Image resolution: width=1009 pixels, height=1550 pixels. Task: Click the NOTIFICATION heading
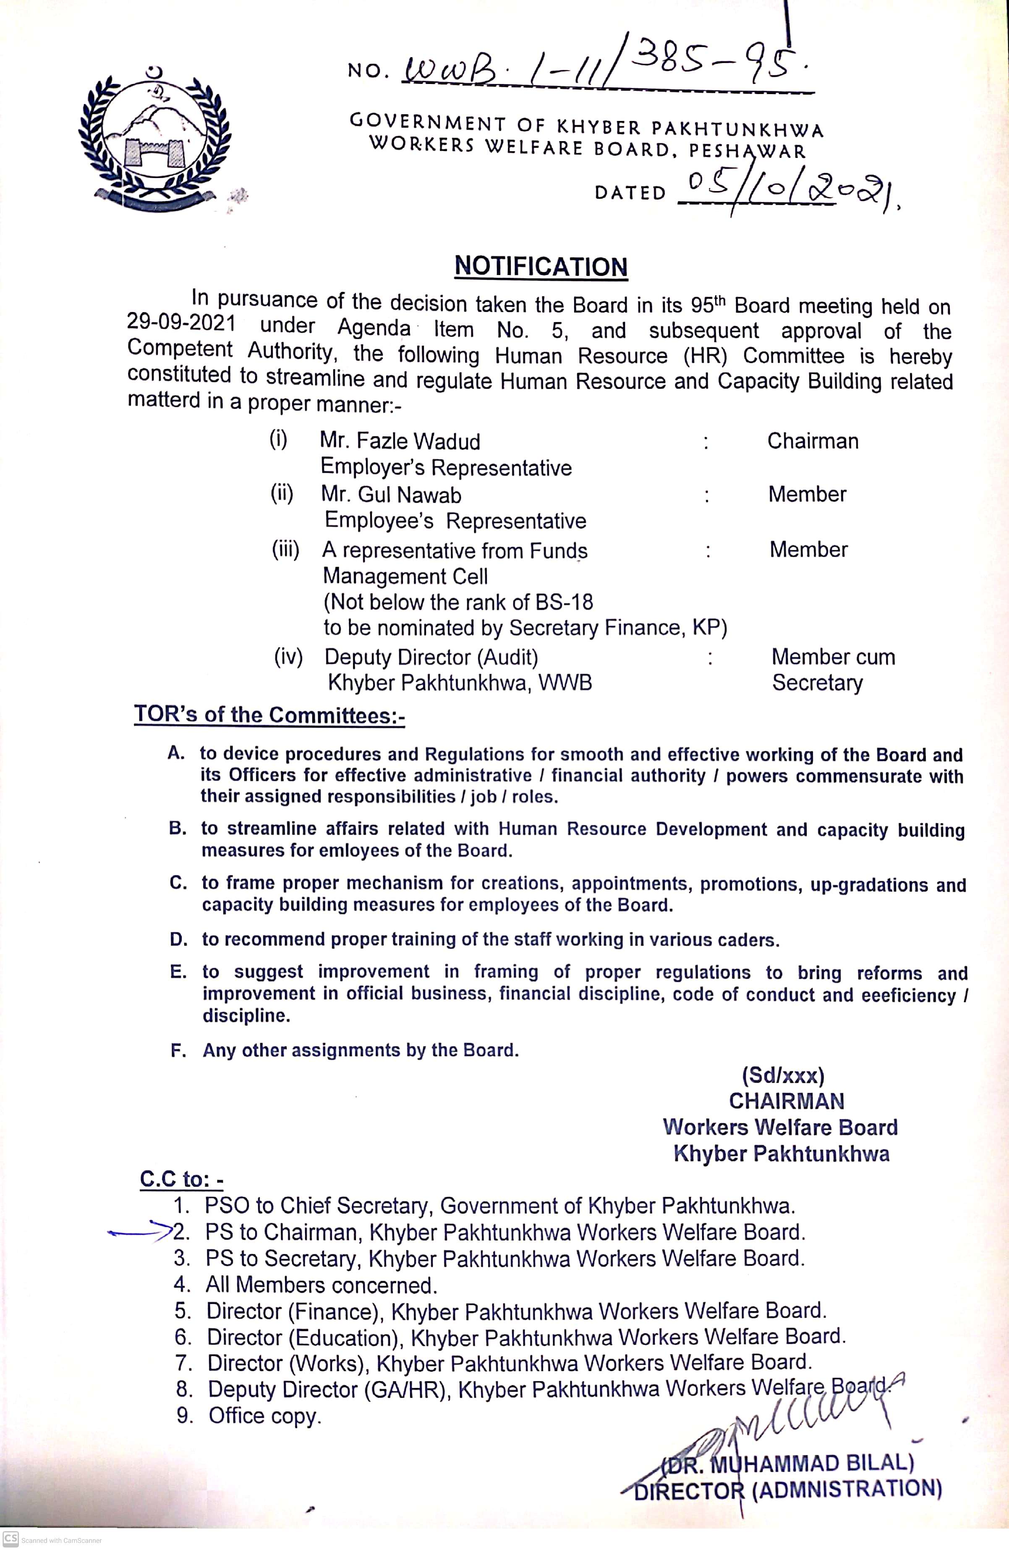pyautogui.click(x=541, y=266)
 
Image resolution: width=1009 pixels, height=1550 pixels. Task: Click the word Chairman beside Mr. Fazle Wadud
pyautogui.click(x=813, y=441)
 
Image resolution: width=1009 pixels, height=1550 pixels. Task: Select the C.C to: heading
pyautogui.click(x=182, y=1179)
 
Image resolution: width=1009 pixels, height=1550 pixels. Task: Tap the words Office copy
pyautogui.click(x=265, y=1416)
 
